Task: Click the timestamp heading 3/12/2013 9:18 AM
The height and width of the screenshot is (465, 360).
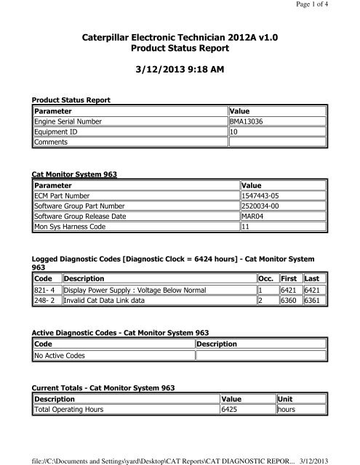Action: (x=179, y=76)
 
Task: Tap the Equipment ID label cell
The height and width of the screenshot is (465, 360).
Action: (x=57, y=132)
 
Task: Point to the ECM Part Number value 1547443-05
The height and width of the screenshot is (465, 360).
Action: (x=264, y=195)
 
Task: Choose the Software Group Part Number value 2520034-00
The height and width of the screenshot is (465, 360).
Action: (x=264, y=206)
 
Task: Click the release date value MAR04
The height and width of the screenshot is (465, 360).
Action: (x=255, y=217)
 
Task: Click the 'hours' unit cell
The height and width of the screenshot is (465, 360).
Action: (x=287, y=411)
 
